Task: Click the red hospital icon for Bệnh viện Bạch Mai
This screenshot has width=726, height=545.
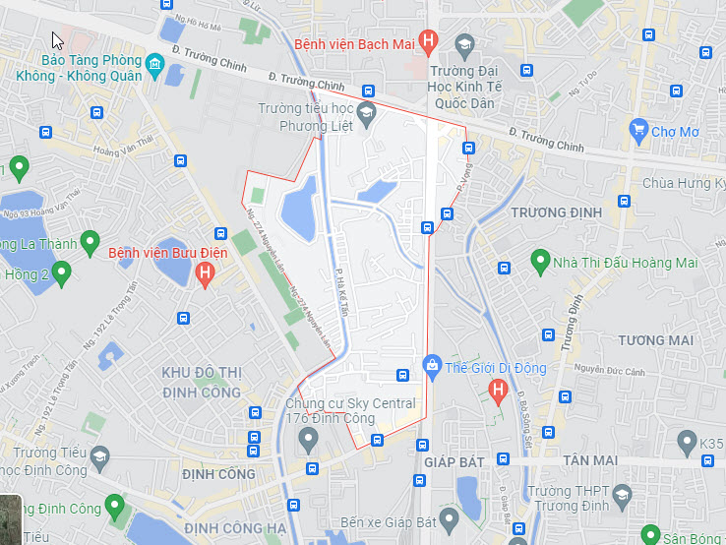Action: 427,41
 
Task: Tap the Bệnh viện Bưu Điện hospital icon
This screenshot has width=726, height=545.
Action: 205,274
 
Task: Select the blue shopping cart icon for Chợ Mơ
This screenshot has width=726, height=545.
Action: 638,130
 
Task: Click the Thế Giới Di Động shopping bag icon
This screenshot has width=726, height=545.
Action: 430,368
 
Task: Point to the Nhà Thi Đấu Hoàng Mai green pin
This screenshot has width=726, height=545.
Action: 539,262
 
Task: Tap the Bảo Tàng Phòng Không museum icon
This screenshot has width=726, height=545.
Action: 154,67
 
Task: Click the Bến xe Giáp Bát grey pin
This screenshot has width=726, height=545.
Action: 450,517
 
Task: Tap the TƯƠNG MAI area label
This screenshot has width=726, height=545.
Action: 656,340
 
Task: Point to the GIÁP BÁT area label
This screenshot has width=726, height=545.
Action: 451,460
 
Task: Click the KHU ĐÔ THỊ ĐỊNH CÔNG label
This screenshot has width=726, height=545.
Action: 201,381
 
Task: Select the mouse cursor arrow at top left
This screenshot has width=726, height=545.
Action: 57,40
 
